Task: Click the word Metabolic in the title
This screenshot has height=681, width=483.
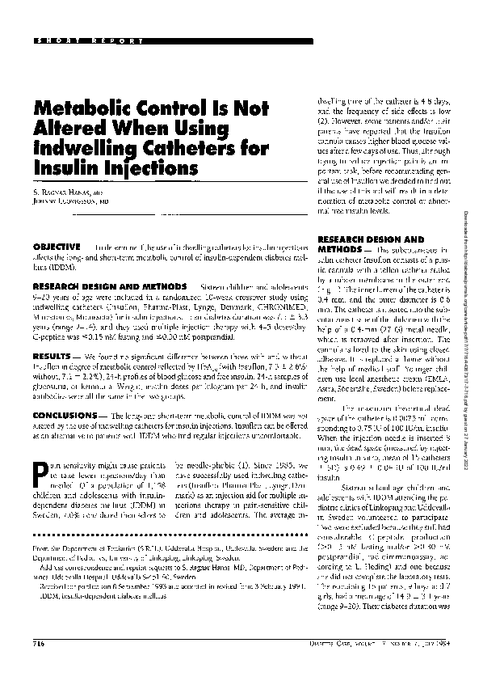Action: pos(85,108)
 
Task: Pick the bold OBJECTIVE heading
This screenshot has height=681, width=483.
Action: pos(56,246)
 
